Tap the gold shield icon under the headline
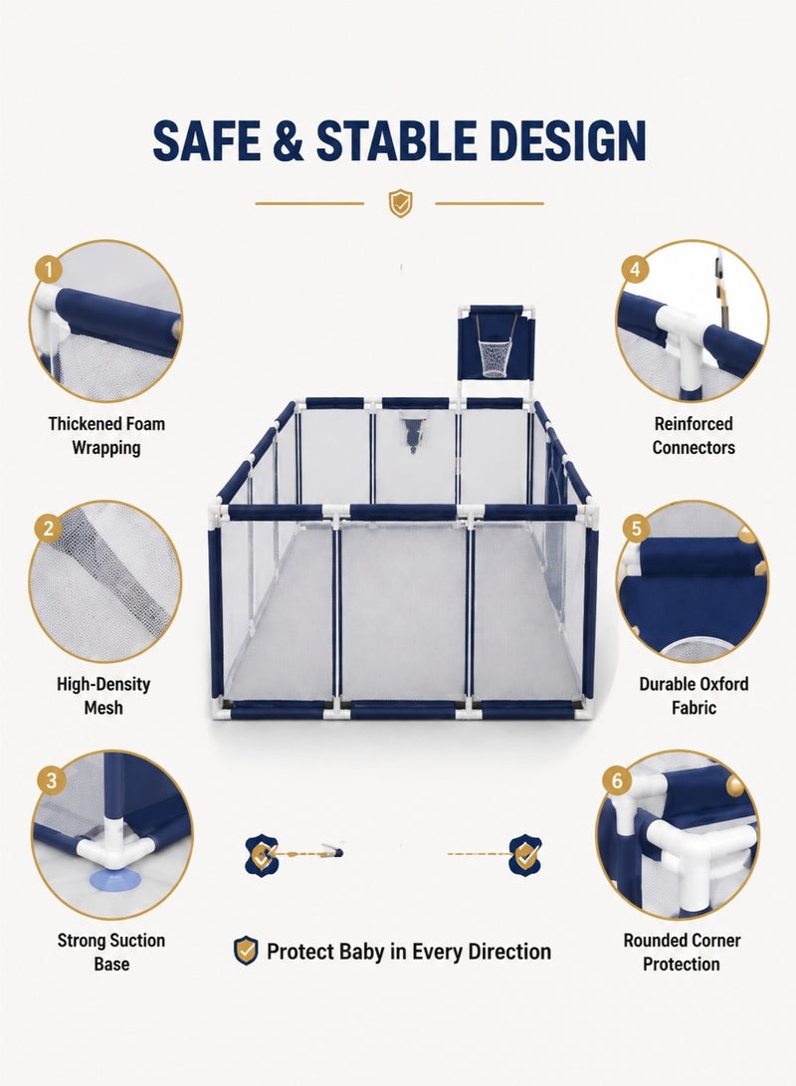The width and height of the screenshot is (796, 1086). pos(399,203)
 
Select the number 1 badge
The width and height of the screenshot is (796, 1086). pos(48,269)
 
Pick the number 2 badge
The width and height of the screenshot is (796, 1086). pos(48,529)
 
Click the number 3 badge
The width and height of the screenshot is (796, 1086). pos(51,780)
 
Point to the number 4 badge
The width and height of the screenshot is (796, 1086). pos(635,269)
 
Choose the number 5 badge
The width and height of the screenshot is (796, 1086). pos(636,529)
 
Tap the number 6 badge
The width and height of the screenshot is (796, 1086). pos(617,780)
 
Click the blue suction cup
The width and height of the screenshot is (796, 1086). pos(114,878)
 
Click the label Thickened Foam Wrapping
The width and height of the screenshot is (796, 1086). pos(106,436)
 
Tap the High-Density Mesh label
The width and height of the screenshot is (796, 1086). pos(103,696)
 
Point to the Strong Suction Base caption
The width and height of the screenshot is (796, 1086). pos(111,952)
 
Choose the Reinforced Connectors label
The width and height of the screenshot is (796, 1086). pos(694,436)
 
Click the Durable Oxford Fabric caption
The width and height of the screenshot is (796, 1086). pos(694,696)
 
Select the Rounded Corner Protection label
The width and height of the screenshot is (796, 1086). pos(682,952)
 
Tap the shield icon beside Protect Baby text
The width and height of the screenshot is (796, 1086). pos(246,951)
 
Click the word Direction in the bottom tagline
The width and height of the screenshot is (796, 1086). pos(509,952)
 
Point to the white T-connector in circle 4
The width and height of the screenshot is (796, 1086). pos(682,335)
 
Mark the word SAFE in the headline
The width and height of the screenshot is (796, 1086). pos(207,140)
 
